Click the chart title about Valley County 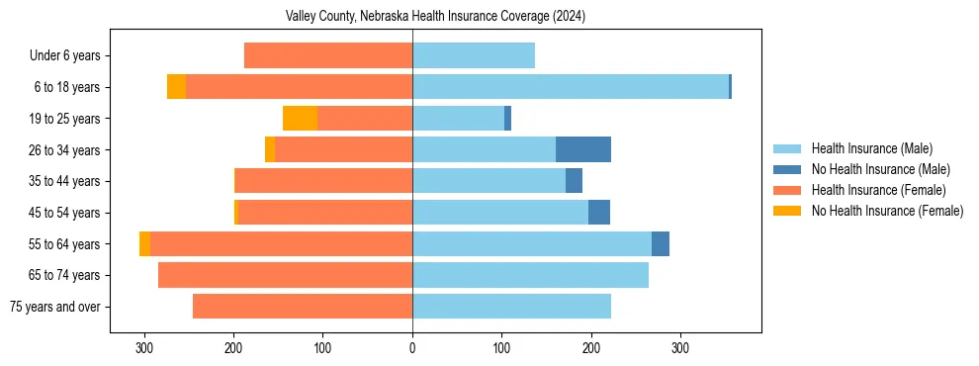coord(435,17)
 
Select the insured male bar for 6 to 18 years coord(571,87)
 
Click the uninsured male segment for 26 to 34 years coord(583,149)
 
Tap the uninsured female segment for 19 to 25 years coord(300,119)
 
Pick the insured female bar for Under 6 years coord(328,55)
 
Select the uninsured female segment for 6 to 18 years coord(176,87)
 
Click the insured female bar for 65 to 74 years coord(285,275)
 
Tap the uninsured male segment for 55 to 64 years coord(661,243)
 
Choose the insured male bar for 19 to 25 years coord(458,119)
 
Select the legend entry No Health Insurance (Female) coord(887,211)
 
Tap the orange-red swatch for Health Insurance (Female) coord(787,190)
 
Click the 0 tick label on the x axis coord(412,348)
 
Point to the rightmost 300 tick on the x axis coord(680,348)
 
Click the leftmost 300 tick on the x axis coord(144,348)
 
